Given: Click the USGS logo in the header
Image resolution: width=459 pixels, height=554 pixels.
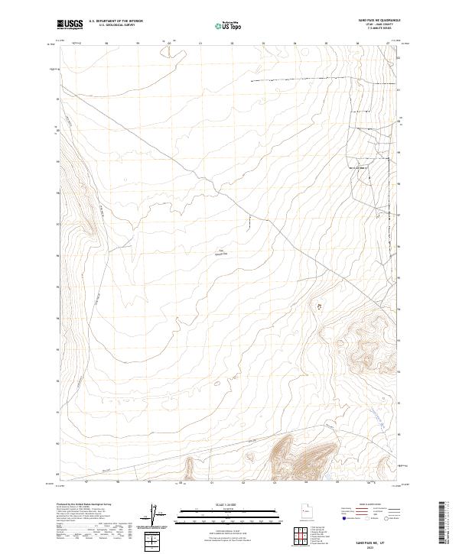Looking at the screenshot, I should (x=70, y=24).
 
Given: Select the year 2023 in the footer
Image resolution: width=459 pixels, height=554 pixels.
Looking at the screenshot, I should (x=382, y=544).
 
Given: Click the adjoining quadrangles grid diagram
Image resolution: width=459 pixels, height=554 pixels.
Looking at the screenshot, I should (x=299, y=536).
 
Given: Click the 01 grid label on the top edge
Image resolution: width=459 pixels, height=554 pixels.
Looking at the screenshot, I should (x=200, y=44).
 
